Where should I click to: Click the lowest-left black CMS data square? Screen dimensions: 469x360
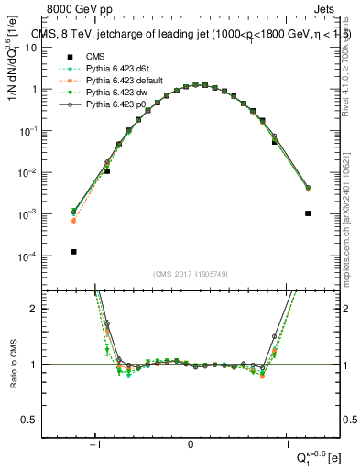(x=73, y=252)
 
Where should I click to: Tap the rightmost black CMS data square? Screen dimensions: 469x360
(x=308, y=213)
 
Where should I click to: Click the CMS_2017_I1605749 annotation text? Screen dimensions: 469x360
(x=190, y=274)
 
